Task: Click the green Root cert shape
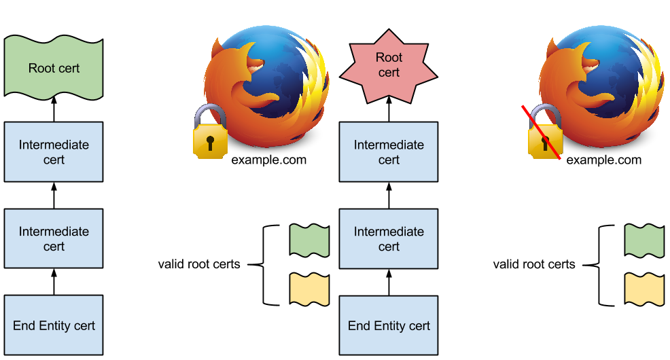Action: coord(54,68)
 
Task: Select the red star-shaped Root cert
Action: coord(389,65)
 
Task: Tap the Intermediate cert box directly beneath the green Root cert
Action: coord(54,152)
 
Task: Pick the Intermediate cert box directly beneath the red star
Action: coord(389,152)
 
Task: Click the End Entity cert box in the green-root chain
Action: coord(54,325)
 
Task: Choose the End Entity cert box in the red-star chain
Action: coord(389,325)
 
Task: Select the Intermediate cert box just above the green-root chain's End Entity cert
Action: coord(54,238)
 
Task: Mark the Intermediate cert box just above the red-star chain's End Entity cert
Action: coord(389,238)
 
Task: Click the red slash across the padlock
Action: coord(541,133)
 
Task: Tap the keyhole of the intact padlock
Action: coord(210,142)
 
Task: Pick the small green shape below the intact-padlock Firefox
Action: coord(309,240)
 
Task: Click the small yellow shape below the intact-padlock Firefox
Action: coord(309,289)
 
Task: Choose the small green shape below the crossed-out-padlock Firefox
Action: coord(644,240)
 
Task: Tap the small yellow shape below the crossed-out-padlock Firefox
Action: coord(644,289)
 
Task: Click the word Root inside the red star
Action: coord(389,58)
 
